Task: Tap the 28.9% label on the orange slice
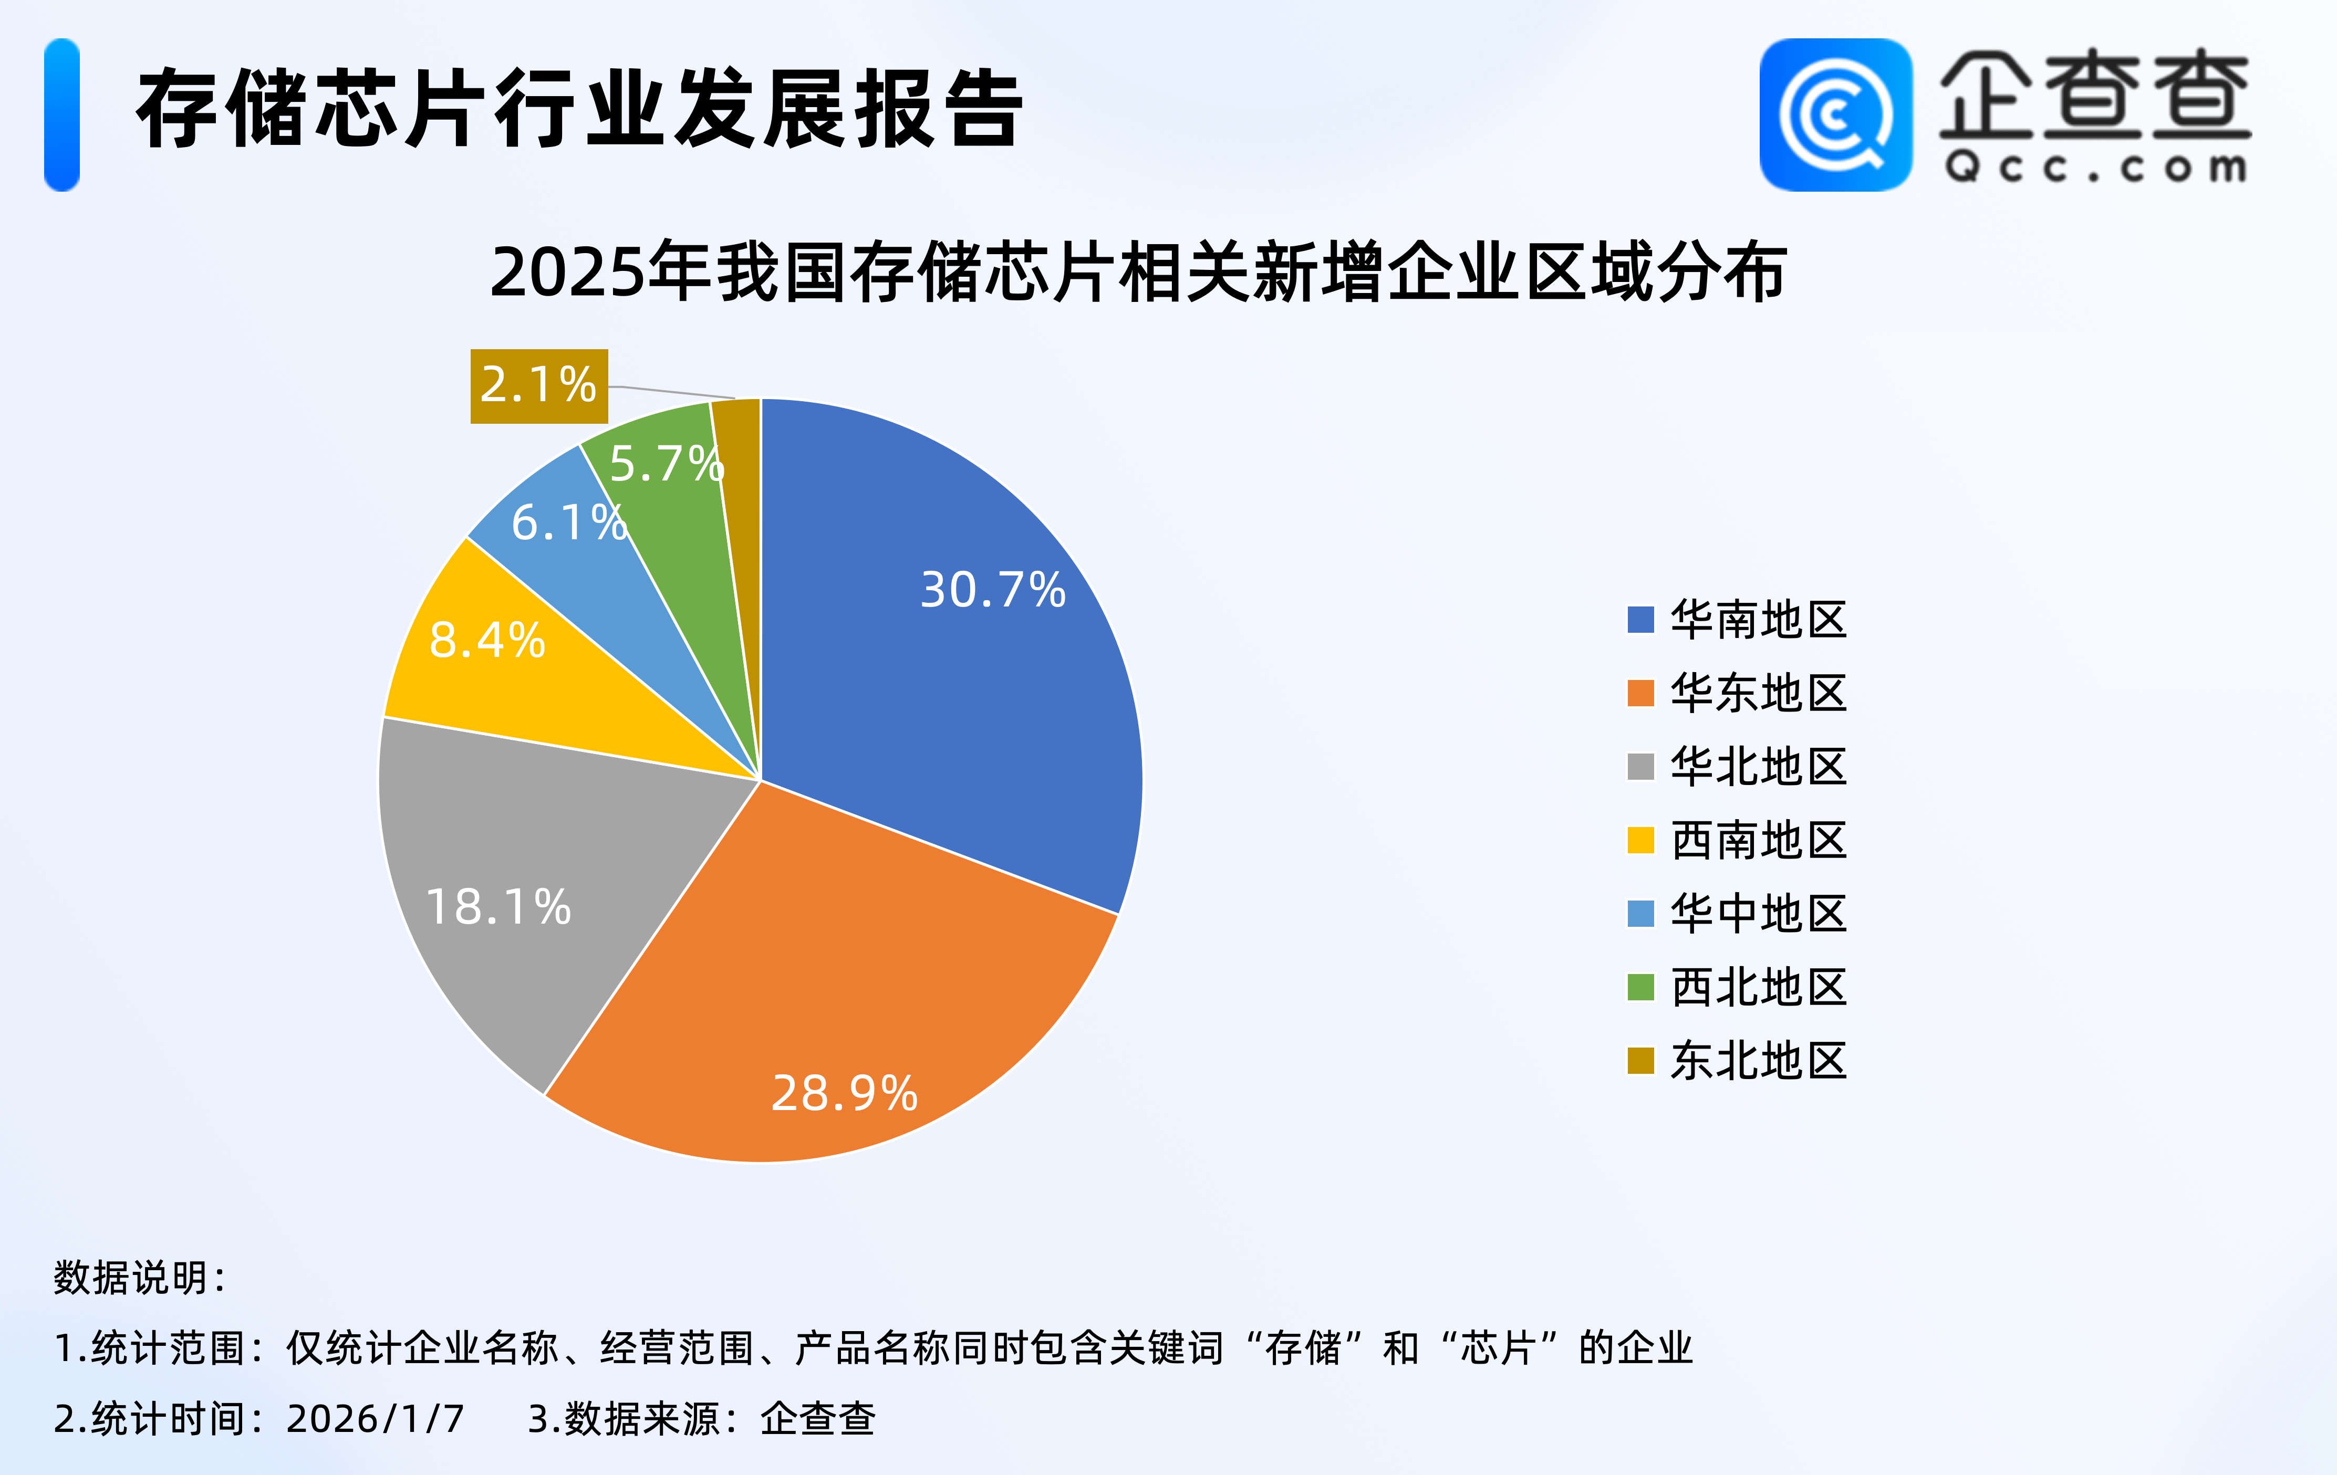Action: tap(844, 1094)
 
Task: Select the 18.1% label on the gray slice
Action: tap(498, 907)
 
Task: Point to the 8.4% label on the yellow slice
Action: tap(487, 641)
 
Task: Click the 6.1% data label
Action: tap(569, 523)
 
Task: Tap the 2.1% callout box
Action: tap(538, 385)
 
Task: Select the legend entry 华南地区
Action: tap(1737, 619)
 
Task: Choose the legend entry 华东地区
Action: tap(1737, 693)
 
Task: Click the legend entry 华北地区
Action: tap(1737, 767)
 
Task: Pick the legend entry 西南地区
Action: tap(1737, 840)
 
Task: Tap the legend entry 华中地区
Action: tap(1737, 913)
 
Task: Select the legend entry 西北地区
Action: tap(1737, 987)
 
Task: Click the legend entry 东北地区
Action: tap(1737, 1061)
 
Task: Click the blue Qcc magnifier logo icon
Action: tap(1835, 114)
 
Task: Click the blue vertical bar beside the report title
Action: tap(61, 114)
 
